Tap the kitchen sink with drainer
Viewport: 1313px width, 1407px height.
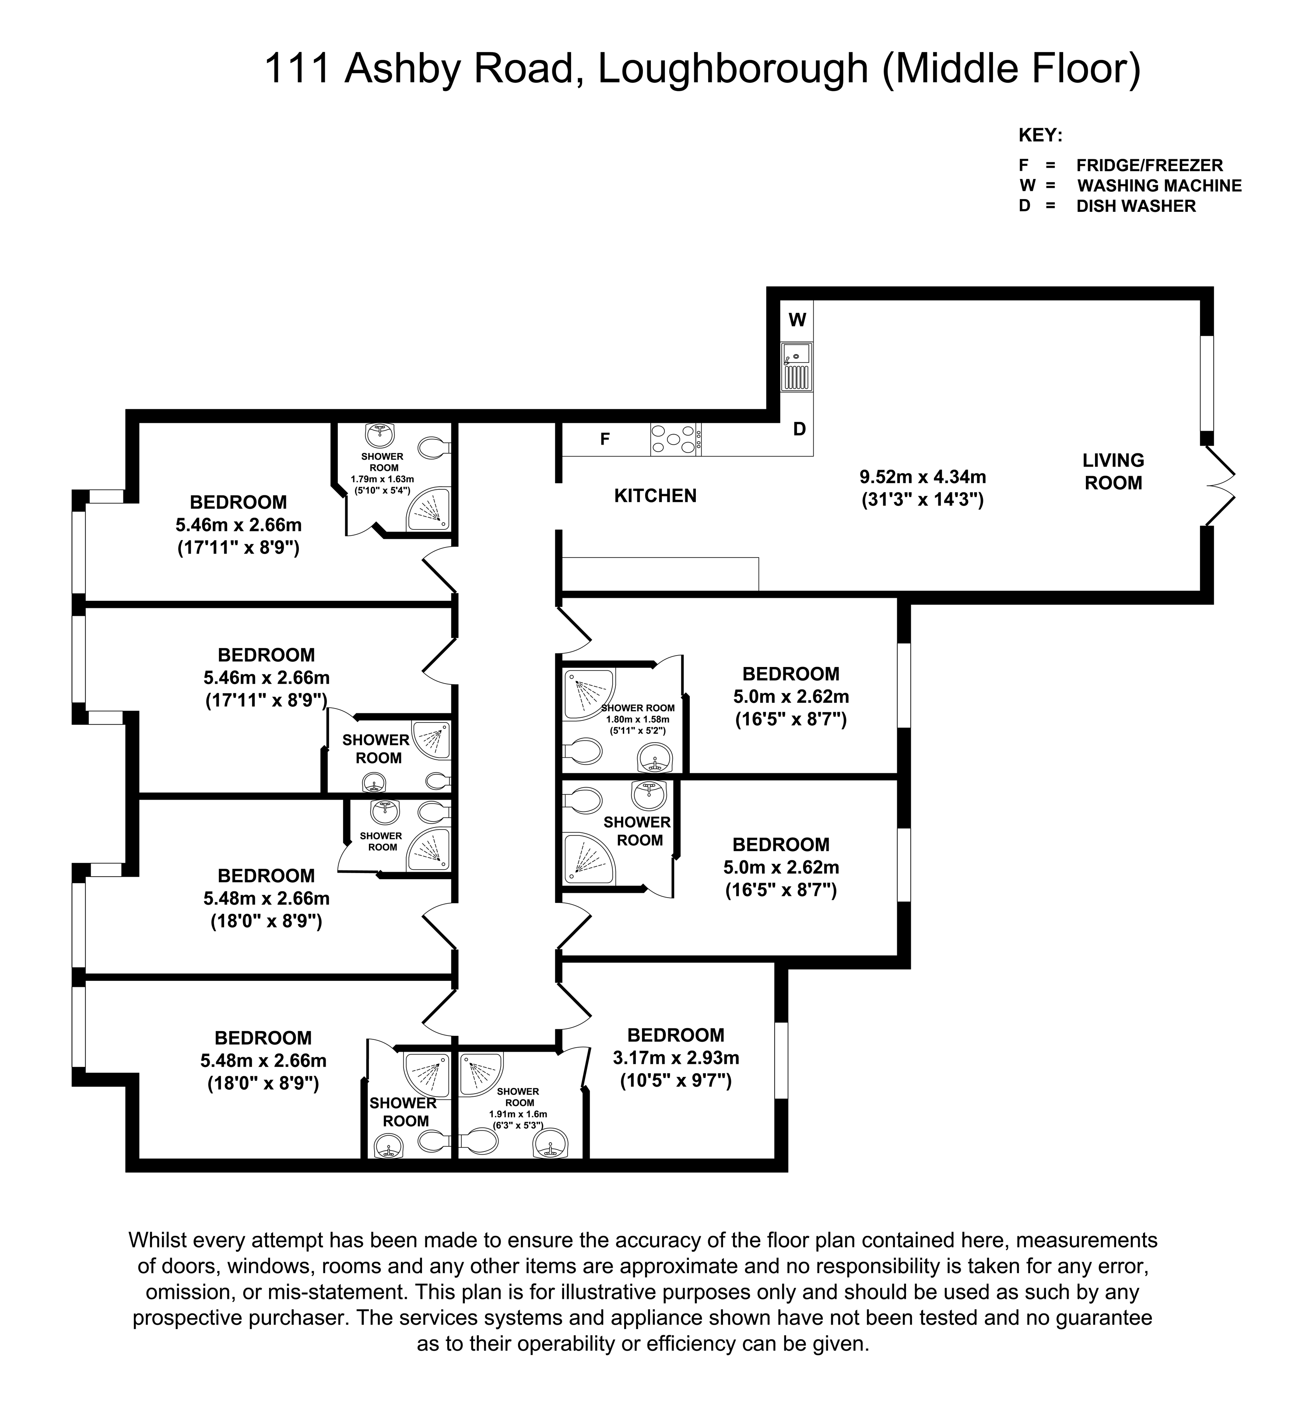(x=796, y=367)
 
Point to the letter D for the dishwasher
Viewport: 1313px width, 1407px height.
(x=799, y=429)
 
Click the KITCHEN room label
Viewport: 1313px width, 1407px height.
(x=656, y=495)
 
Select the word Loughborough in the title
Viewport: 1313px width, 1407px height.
(x=733, y=69)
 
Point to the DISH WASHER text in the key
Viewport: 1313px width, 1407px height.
(x=1136, y=206)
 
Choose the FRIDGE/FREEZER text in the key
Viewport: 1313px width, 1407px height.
(x=1149, y=165)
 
